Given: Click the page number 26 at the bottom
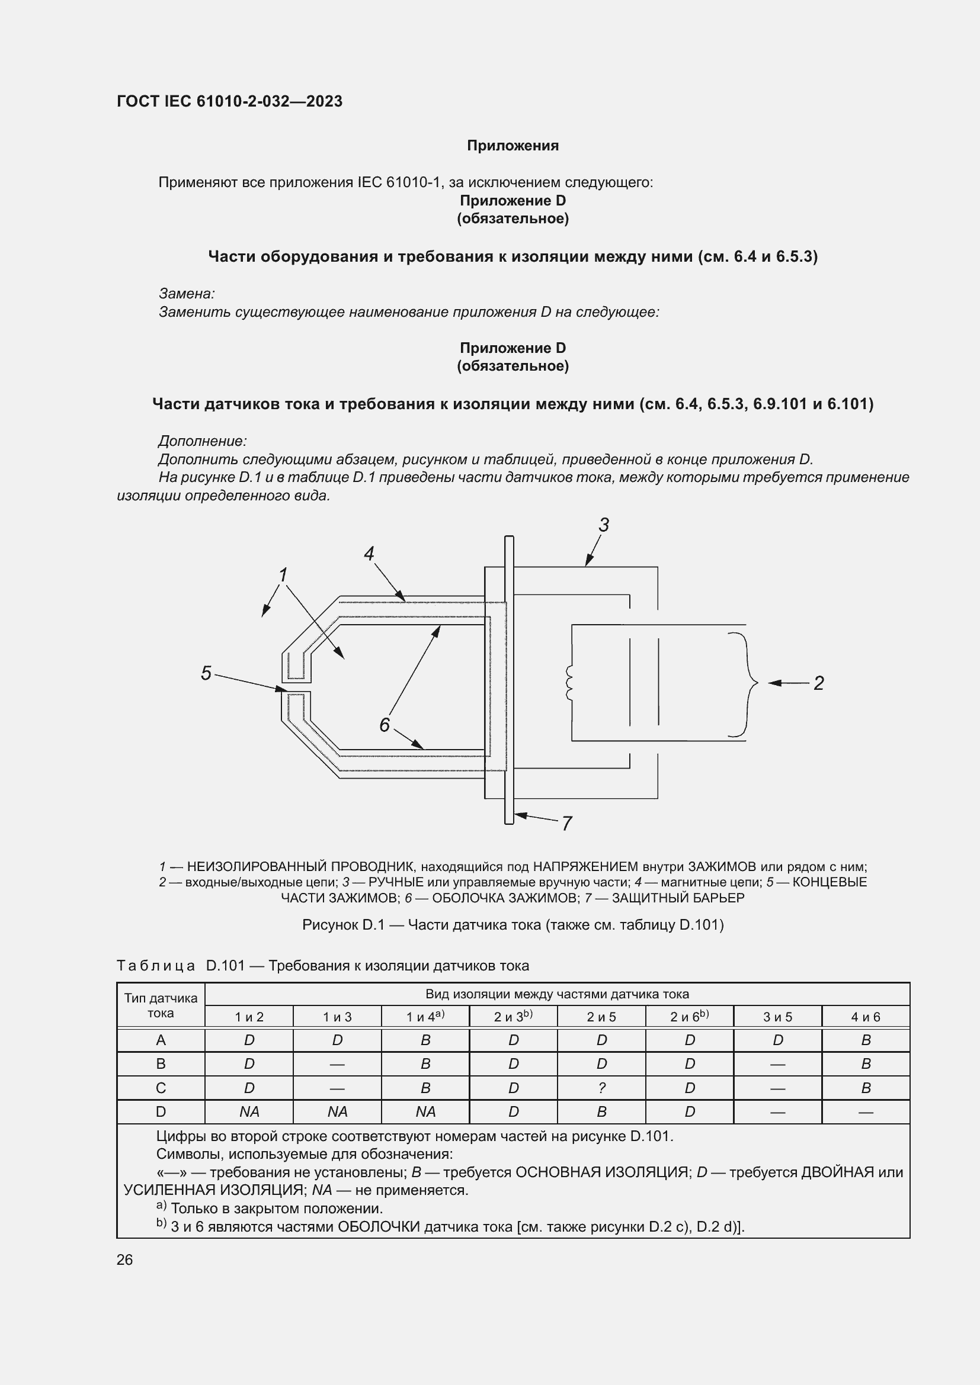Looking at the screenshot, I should coord(124,1259).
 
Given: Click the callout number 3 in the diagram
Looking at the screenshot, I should coord(603,525).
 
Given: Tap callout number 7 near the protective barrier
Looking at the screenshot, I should coord(566,824).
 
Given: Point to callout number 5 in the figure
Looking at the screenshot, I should coord(206,673).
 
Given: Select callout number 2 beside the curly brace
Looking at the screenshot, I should coord(818,683).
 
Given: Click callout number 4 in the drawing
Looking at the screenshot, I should coord(369,553).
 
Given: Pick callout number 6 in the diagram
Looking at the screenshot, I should coord(385,724).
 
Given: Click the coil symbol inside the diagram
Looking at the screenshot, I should coord(568,683).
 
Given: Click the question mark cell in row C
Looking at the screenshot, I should coord(601,1088).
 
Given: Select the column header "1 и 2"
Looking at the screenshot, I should coord(249,1017).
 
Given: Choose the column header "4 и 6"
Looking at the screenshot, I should coord(865,1017).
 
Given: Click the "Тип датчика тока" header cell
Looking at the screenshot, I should coord(161,1005).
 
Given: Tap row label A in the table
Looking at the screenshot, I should coord(161,1040).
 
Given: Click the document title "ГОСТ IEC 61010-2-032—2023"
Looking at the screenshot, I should coord(229,101).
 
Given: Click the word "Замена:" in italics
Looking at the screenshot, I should coord(187,294).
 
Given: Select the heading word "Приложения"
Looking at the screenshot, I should coord(513,146).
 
